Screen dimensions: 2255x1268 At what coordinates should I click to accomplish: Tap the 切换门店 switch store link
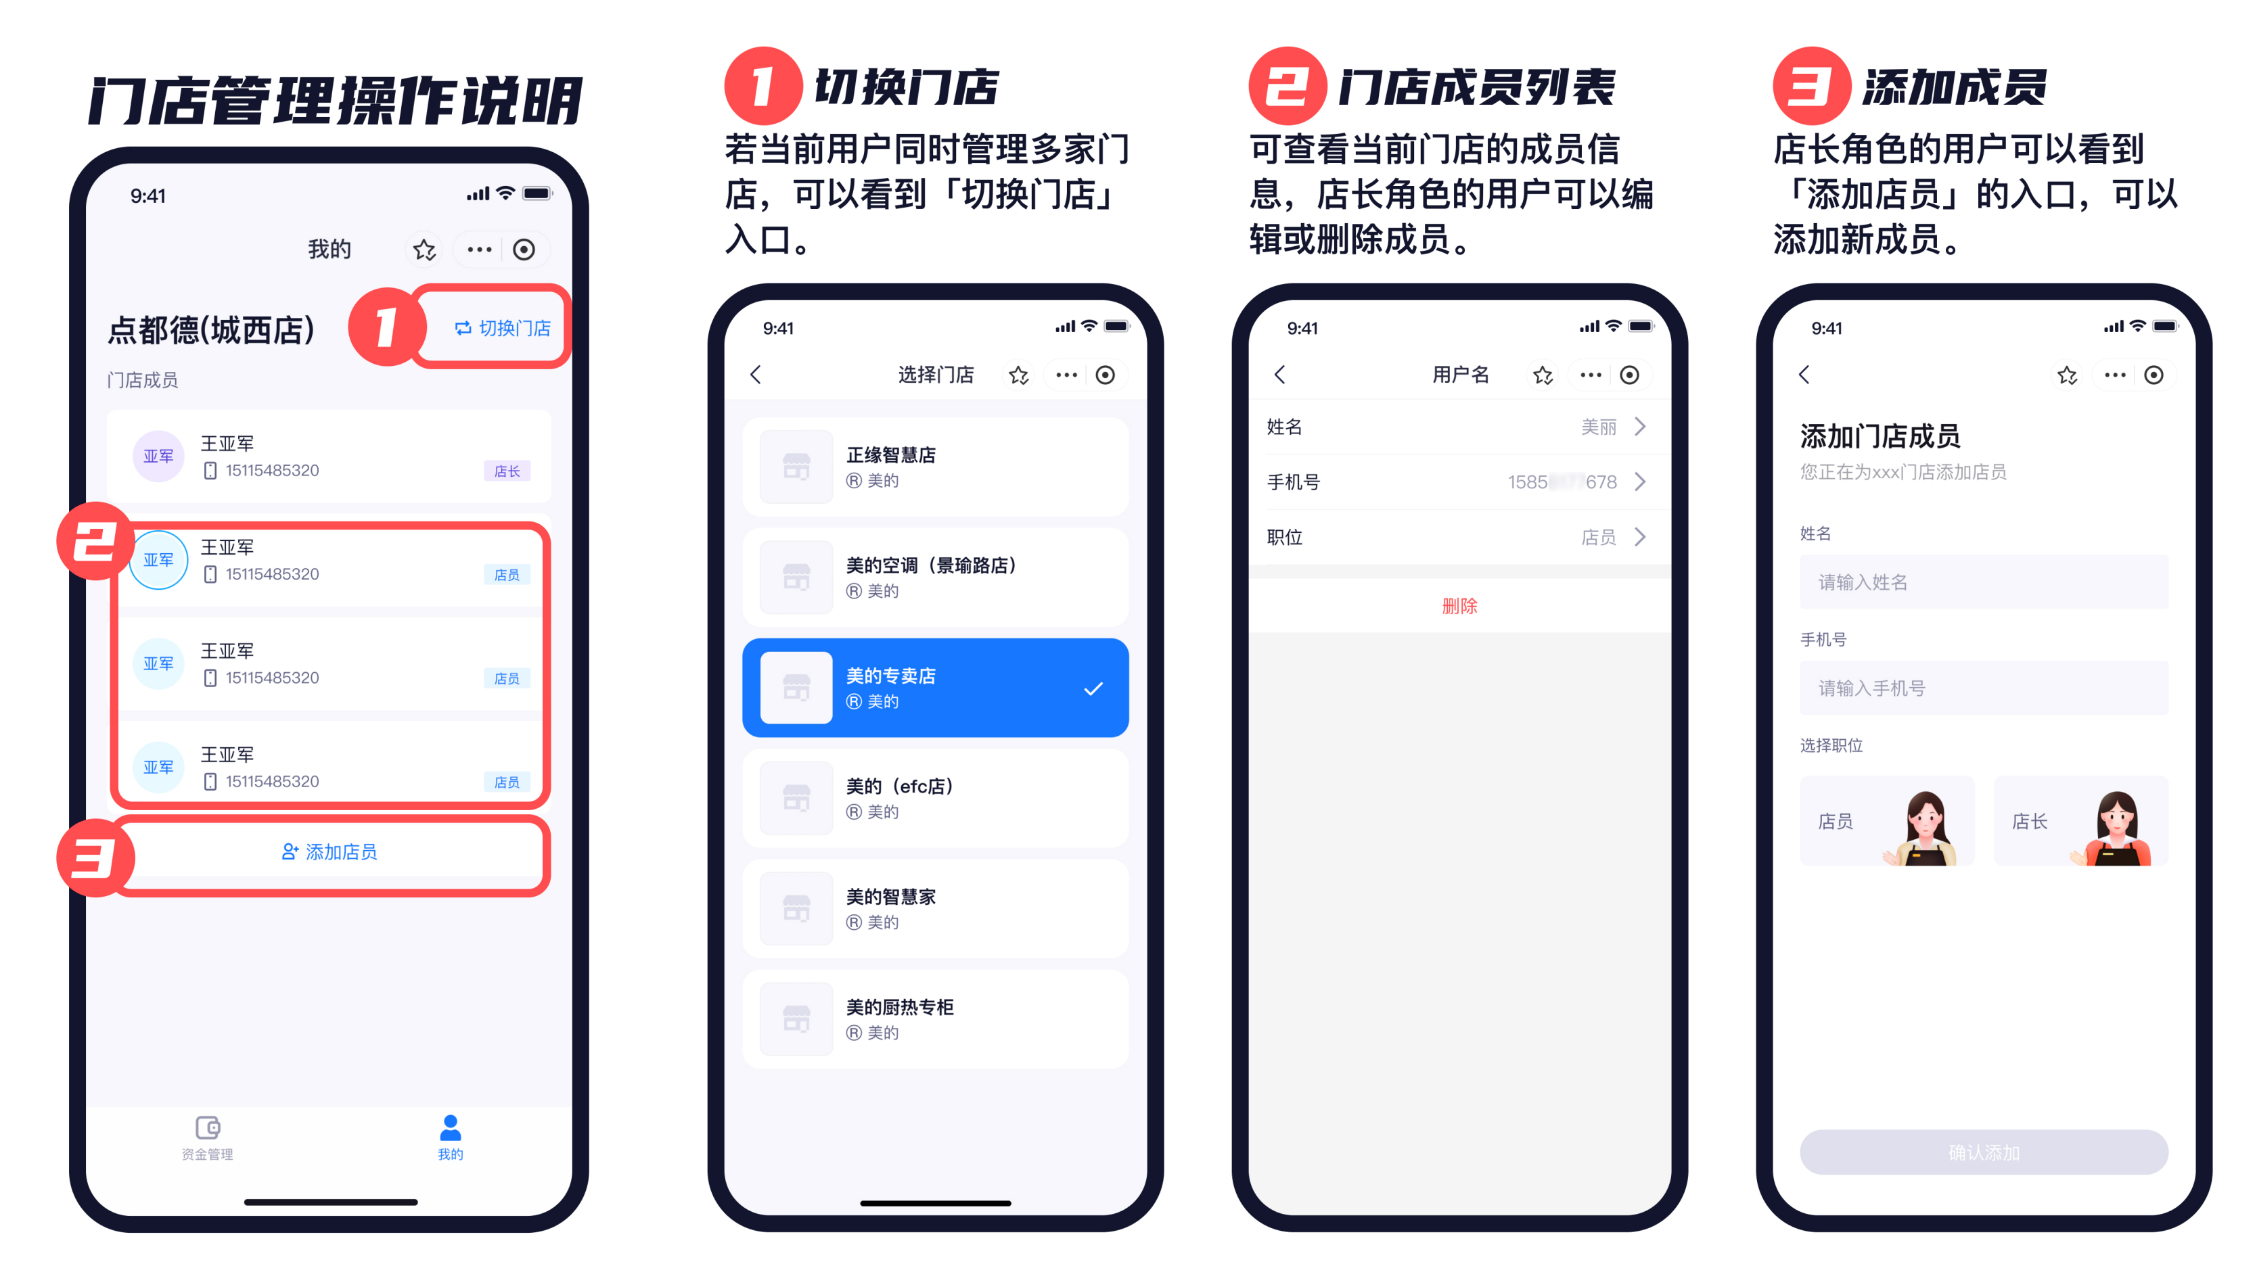click(503, 328)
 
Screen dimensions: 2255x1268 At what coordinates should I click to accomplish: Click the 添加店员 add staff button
click(329, 851)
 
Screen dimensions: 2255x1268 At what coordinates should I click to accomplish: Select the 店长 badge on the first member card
click(507, 471)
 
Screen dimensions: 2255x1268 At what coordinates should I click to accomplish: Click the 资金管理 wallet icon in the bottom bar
click(208, 1127)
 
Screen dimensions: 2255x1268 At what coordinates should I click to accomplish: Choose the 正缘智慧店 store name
click(890, 455)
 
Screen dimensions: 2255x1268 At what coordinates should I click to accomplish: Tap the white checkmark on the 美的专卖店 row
click(1093, 690)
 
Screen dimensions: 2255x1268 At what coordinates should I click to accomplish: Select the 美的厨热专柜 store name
click(900, 1007)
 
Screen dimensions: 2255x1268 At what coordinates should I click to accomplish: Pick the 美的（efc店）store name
click(899, 786)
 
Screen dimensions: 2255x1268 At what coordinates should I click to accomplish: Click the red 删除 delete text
click(1459, 605)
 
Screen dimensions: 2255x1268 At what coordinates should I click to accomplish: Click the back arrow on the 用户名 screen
click(1280, 375)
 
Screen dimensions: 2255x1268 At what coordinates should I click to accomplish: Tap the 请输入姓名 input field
click(1984, 582)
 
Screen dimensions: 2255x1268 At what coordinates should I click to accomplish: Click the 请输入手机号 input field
click(1984, 688)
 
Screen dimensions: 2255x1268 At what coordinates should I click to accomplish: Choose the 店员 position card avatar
click(1924, 827)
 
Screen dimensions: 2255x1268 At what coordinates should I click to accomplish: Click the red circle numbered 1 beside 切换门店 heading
click(763, 86)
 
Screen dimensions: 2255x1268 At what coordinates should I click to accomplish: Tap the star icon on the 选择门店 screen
click(1018, 375)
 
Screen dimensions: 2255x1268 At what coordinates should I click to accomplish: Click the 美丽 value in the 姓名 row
click(1599, 427)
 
